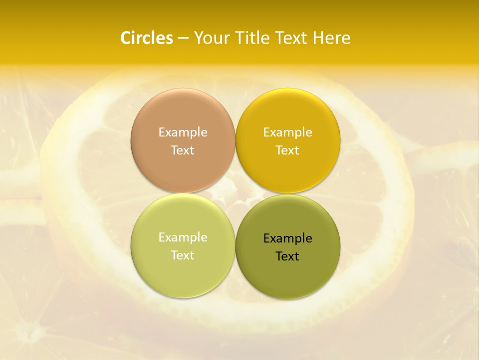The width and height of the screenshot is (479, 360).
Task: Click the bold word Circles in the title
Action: [146, 38]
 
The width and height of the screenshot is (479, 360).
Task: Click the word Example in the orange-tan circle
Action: [183, 132]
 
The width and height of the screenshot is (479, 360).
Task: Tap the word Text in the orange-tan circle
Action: [183, 150]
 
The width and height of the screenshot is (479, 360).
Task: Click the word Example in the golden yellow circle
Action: [287, 132]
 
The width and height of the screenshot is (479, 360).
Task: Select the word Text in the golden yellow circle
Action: [287, 150]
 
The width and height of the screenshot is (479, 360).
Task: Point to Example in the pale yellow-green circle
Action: [183, 237]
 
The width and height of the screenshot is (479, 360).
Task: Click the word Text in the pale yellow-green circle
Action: [183, 255]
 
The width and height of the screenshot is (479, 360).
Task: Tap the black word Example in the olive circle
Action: [287, 238]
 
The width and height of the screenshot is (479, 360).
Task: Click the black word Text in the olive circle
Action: [287, 256]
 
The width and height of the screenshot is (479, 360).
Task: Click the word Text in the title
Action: [292, 38]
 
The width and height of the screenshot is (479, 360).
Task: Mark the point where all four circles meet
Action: [235, 193]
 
